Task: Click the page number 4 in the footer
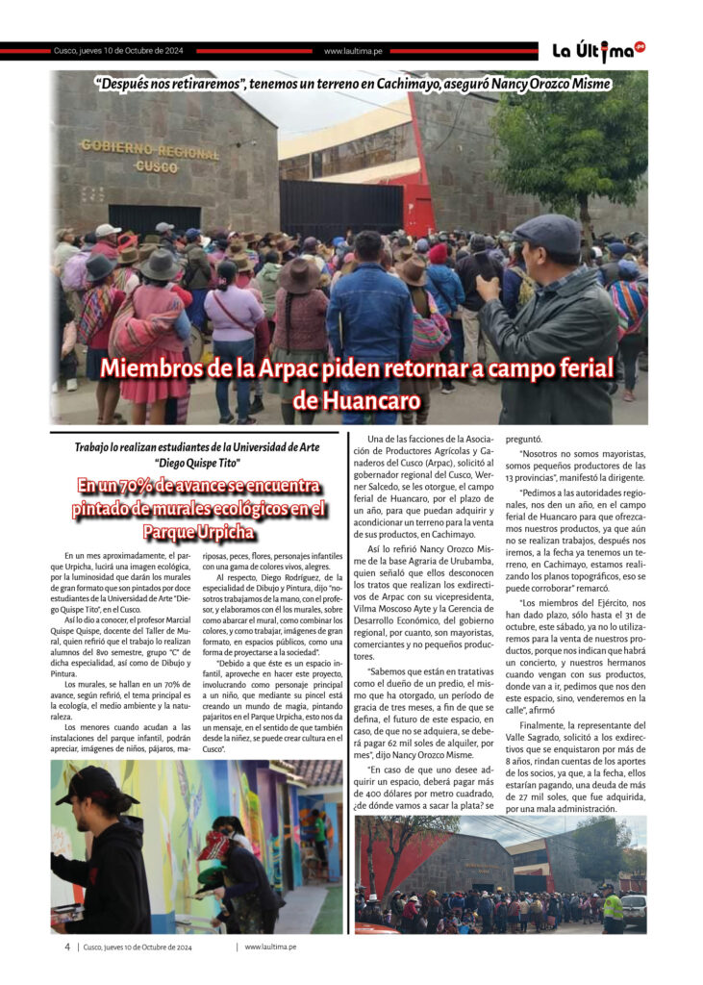tap(67, 947)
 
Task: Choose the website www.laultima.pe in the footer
tap(270, 947)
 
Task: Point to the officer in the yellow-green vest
tap(612, 908)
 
